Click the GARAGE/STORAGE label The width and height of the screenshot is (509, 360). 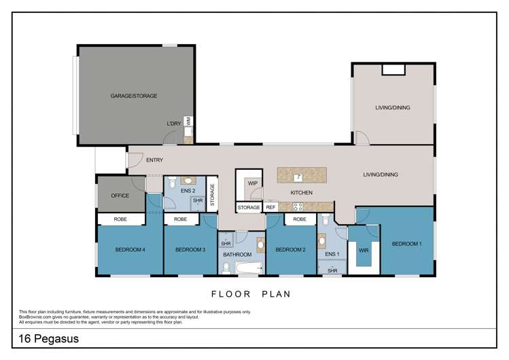[x=134, y=96]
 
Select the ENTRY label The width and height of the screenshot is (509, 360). [x=154, y=160]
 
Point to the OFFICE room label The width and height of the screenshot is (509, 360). [x=120, y=196]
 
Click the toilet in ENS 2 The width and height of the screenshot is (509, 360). [x=172, y=183]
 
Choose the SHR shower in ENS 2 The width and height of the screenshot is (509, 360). [x=197, y=201]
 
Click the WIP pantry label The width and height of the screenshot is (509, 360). [x=253, y=183]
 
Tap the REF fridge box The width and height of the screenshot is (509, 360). [x=270, y=207]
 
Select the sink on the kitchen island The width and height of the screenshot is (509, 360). [x=297, y=177]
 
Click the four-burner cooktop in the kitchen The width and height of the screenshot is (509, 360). [x=298, y=206]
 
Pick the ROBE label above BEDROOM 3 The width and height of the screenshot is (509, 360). [x=180, y=219]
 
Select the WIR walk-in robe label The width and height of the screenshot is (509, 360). [x=363, y=250]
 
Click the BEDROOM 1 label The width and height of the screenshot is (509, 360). [x=406, y=243]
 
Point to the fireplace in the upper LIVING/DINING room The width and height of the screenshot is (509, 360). [x=393, y=69]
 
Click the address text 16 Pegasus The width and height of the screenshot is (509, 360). [x=46, y=338]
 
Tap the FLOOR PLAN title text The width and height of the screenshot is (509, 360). [x=251, y=294]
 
